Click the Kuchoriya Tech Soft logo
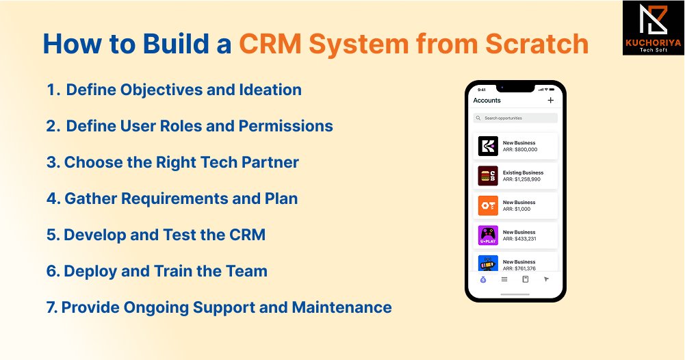[x=653, y=27]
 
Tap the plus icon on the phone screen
[x=551, y=101]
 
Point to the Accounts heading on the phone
[x=487, y=101]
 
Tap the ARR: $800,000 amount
[x=520, y=149]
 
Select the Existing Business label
[x=523, y=172]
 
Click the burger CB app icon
[x=488, y=176]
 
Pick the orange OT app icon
[x=488, y=205]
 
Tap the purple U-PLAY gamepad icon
[x=488, y=235]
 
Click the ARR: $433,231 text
[x=519, y=238]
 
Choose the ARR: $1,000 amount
[x=517, y=209]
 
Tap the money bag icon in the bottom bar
[x=483, y=279]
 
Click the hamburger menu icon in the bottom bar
[x=504, y=279]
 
